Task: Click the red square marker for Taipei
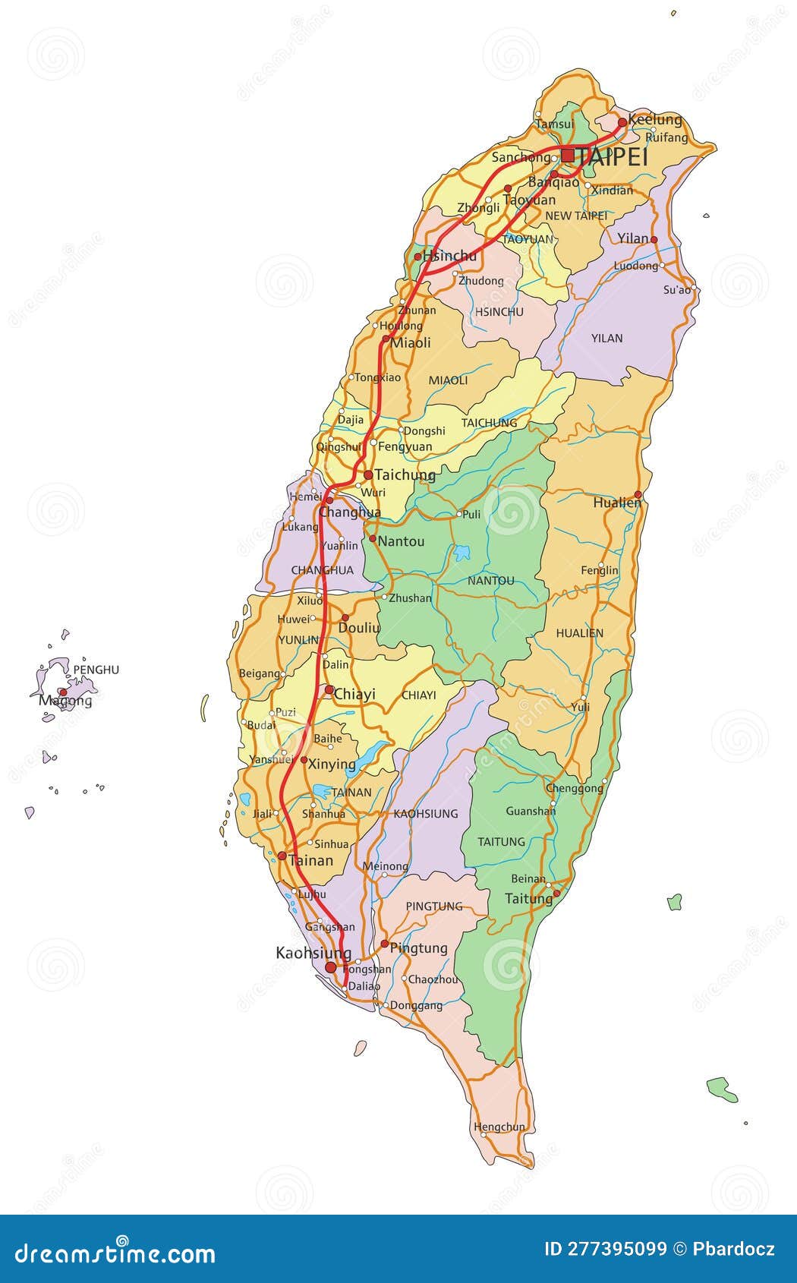pos(568,156)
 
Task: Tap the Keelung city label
pos(655,120)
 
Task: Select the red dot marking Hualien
pos(638,494)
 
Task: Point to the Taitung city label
pos(528,899)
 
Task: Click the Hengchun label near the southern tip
pos(499,1127)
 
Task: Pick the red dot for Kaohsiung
pos(331,967)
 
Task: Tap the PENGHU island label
pos(96,670)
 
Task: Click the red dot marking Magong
pos(64,692)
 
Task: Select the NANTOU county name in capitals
pos(490,581)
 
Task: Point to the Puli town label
pos(471,514)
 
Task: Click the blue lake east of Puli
pos(462,552)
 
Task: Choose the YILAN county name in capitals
pos(606,338)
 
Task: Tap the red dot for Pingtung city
pos(385,944)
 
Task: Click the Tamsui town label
pos(554,125)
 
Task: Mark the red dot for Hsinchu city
pos(417,257)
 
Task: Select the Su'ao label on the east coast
pos(677,289)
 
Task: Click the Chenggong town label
pos(575,788)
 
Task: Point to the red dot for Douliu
pos(345,618)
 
